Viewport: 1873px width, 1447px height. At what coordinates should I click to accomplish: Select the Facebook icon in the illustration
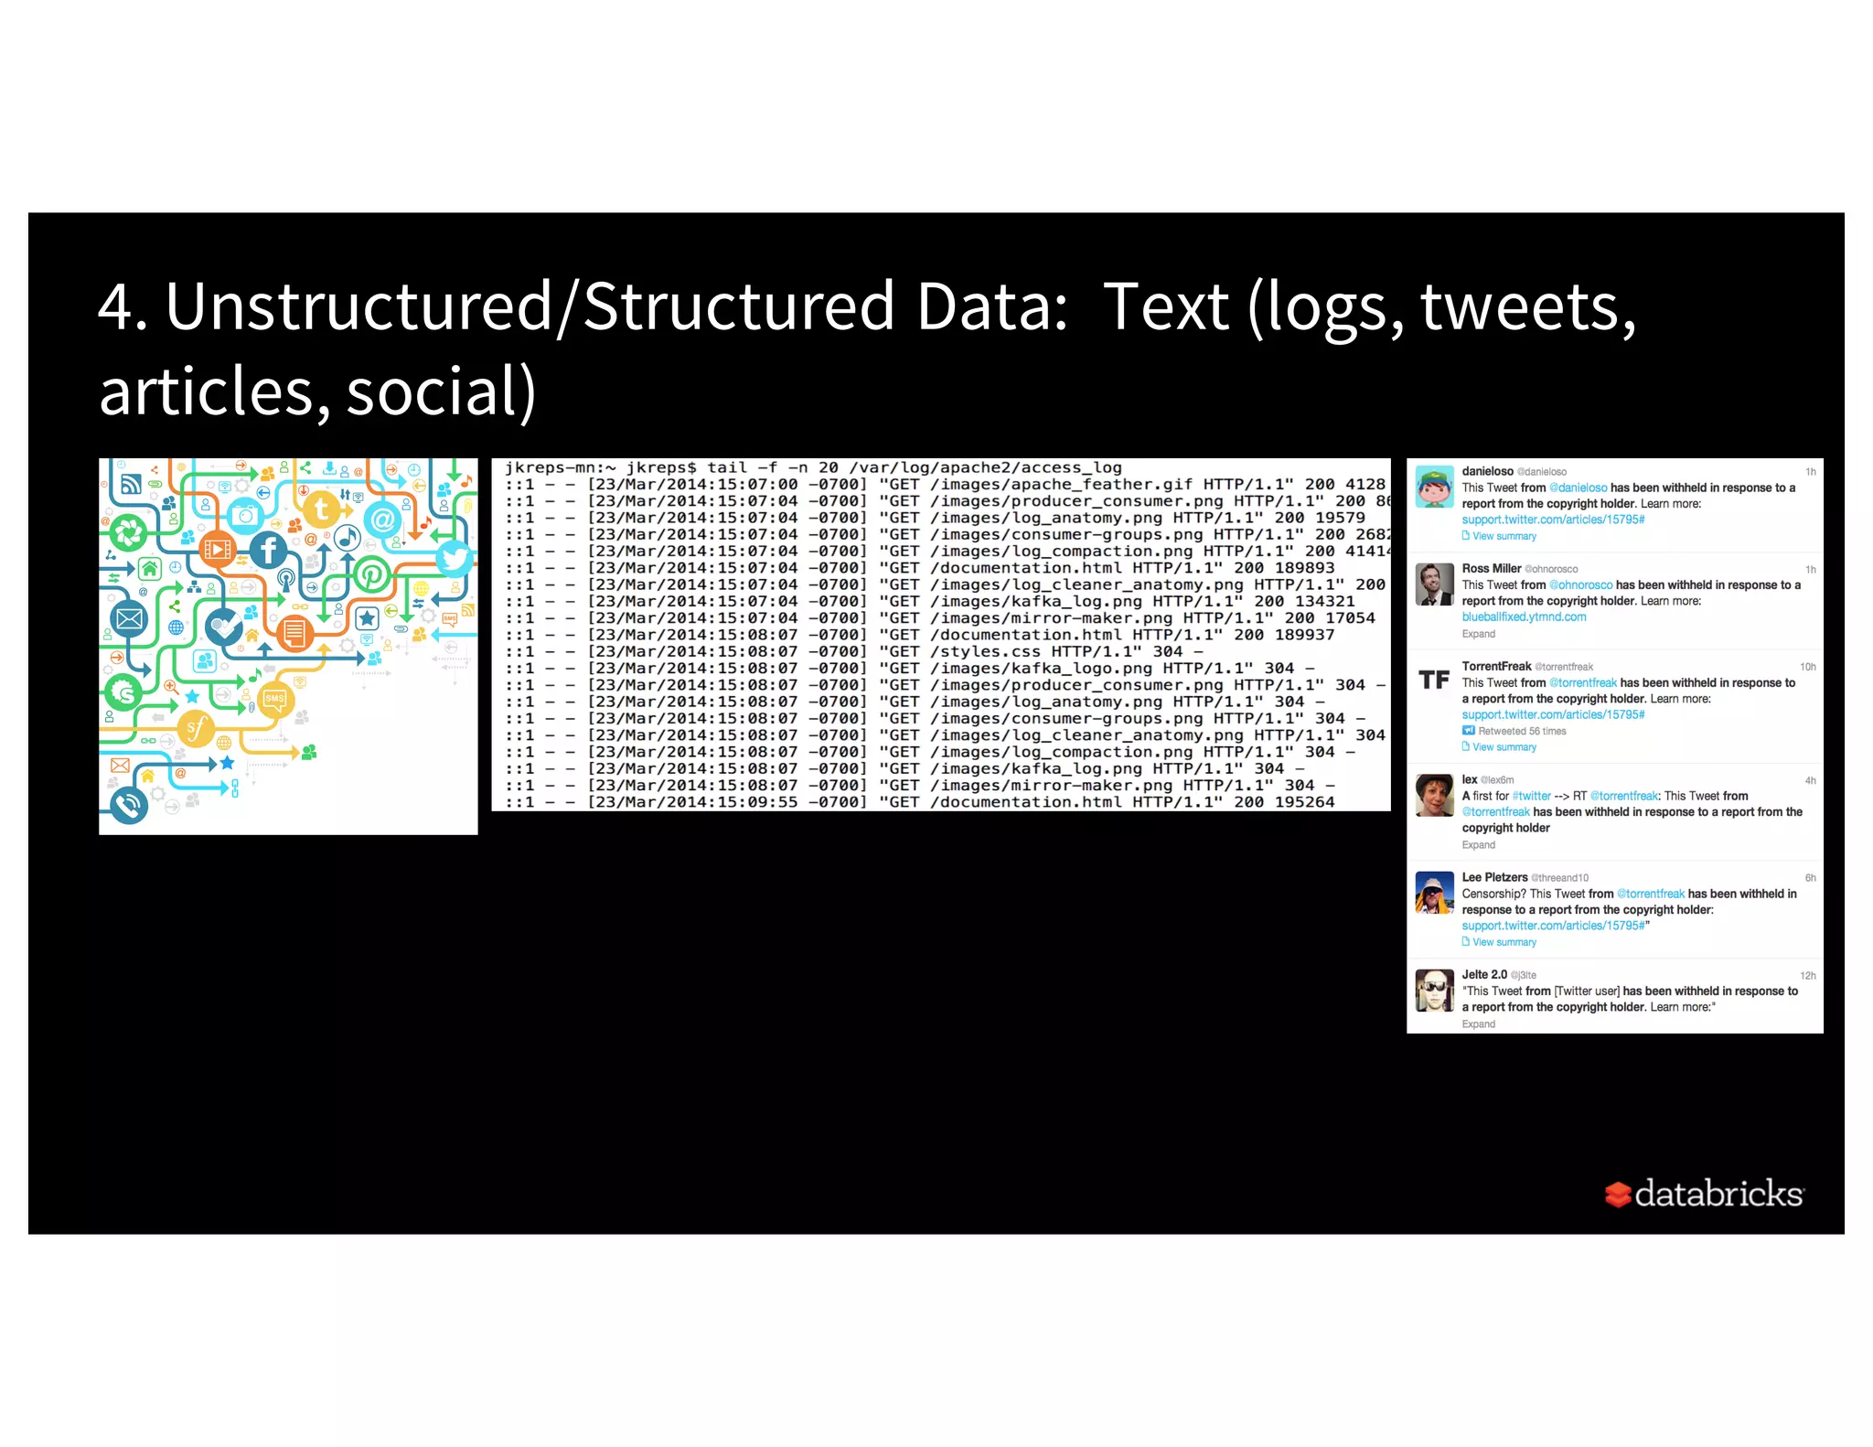268,550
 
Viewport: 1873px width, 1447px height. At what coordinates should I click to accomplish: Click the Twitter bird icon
454,557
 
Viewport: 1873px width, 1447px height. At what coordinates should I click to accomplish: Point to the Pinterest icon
372,574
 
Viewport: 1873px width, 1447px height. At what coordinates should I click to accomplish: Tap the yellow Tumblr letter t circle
321,509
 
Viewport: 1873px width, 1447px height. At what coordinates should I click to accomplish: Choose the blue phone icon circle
129,805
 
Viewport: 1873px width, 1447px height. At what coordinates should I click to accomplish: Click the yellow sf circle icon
195,729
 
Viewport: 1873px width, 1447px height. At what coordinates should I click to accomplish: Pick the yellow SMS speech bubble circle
274,700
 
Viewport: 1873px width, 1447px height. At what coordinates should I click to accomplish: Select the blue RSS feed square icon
131,484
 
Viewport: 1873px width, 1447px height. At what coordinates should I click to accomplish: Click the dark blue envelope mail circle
129,619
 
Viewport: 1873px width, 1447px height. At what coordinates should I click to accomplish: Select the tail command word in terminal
727,467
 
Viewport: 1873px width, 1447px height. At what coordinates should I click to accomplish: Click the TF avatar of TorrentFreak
1433,680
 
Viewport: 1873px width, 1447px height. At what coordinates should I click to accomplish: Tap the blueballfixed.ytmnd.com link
1524,616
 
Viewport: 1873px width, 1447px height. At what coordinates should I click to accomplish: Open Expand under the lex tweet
1478,845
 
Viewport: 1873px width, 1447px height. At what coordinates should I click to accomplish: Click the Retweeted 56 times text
1522,731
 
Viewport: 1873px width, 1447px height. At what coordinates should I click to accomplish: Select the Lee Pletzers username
1494,877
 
